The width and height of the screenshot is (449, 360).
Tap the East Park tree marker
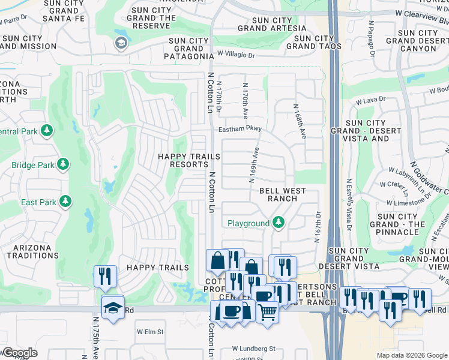pos(64,202)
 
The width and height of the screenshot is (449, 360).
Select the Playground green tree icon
pos(278,223)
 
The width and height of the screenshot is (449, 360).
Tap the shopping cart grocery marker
pos(267,311)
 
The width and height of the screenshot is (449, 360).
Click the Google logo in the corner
pos(19,353)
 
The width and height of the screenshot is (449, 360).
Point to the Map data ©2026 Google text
pos(412,355)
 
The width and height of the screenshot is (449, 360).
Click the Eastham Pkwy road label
pos(240,128)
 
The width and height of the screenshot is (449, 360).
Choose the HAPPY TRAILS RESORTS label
pos(188,160)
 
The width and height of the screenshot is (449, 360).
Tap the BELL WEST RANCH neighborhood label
pos(282,195)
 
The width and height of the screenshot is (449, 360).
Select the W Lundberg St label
pos(254,349)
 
